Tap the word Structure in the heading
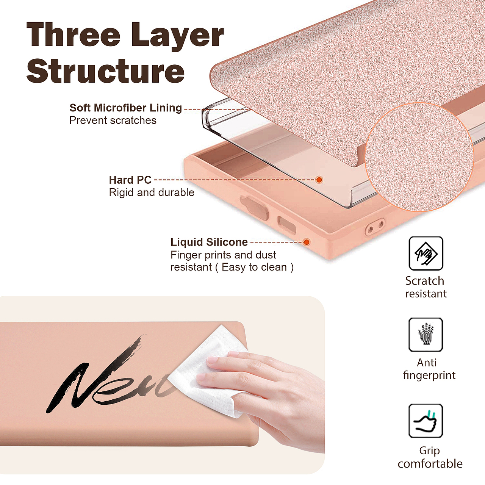[x=105, y=71]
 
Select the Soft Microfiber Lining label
[x=125, y=108]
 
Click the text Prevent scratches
[x=113, y=120]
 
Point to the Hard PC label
[x=130, y=180]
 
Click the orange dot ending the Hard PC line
[x=319, y=180]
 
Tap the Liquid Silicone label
[x=209, y=242]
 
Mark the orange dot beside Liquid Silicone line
[x=306, y=242]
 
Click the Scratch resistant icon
[x=426, y=253]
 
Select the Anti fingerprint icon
[x=426, y=335]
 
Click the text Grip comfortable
[x=430, y=458]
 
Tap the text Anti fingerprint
[x=429, y=369]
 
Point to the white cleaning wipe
[x=209, y=372]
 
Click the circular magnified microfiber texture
[x=419, y=157]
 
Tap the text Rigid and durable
[x=152, y=192]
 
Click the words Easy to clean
[x=254, y=267]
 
